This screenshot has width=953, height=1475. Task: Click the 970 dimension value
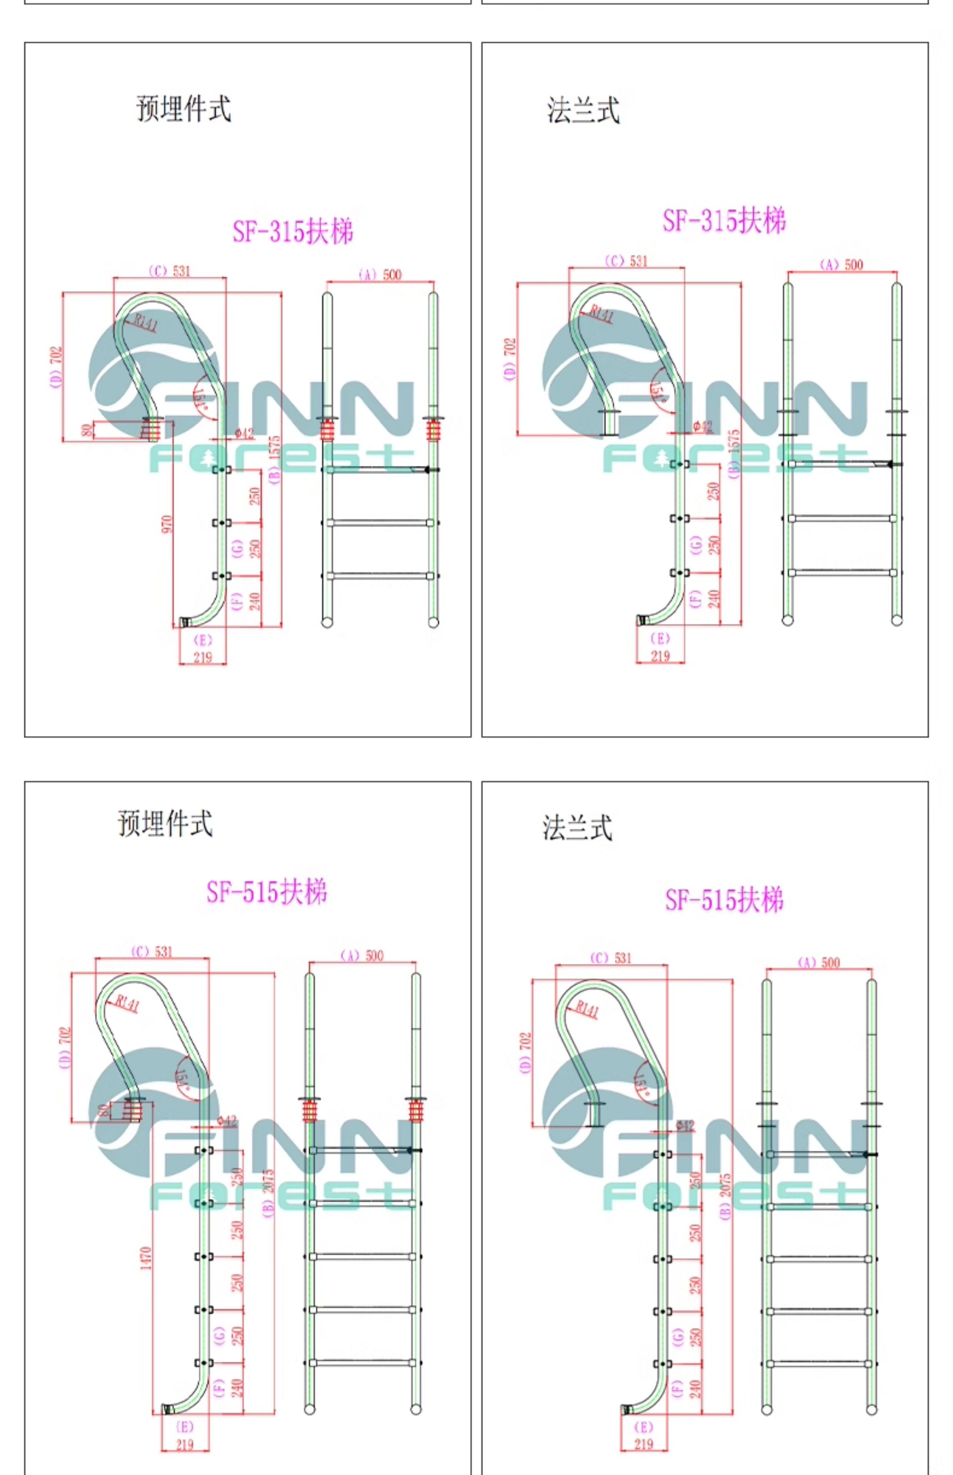pyautogui.click(x=166, y=524)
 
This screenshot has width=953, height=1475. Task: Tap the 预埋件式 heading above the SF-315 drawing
pyautogui.click(x=183, y=109)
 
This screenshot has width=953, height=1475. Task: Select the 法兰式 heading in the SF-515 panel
pyautogui.click(x=577, y=827)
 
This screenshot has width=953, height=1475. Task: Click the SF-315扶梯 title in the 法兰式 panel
pyautogui.click(x=724, y=221)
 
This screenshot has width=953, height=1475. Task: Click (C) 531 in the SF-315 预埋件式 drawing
pyautogui.click(x=169, y=271)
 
